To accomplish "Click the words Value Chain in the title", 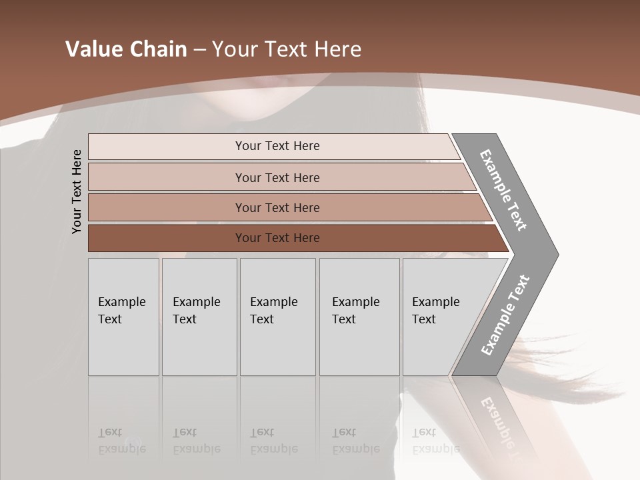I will tap(126, 49).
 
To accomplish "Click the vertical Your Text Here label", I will tap(77, 191).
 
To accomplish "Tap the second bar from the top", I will tap(277, 177).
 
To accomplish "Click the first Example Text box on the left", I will tap(123, 317).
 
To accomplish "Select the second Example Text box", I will tap(199, 317).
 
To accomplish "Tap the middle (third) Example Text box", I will tap(277, 317).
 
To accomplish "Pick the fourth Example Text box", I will tap(359, 317).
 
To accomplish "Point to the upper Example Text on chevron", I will tap(503, 190).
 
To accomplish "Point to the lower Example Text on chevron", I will tap(505, 315).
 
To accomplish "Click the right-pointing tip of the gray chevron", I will tap(555, 255).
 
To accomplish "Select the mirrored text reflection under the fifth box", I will tap(435, 441).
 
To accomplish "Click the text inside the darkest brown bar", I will tap(277, 238).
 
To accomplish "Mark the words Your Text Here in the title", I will tap(287, 49).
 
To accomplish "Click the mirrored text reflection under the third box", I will tap(273, 441).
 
